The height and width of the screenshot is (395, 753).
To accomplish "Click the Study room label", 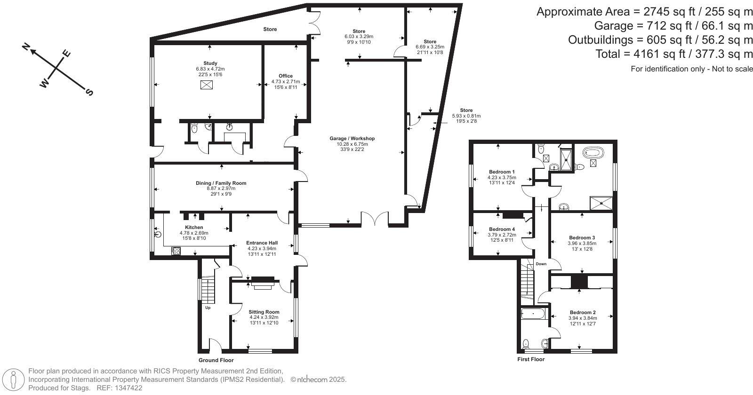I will [210, 63].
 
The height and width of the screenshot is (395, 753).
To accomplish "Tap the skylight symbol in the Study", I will [206, 85].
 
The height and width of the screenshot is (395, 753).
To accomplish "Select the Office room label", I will [285, 76].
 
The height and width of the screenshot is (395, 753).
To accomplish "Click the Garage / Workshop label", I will [352, 138].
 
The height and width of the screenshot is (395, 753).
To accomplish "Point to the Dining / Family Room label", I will [221, 183].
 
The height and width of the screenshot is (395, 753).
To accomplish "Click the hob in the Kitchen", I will [176, 251].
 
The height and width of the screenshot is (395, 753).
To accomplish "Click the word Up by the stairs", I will [208, 308].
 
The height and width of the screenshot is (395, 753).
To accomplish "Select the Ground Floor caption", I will [216, 360].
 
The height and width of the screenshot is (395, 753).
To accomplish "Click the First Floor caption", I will [531, 359].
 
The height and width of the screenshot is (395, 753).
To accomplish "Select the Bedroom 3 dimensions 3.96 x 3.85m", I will [582, 244].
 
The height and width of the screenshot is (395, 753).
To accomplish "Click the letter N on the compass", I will [26, 47].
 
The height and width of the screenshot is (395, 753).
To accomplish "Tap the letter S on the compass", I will [89, 92].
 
